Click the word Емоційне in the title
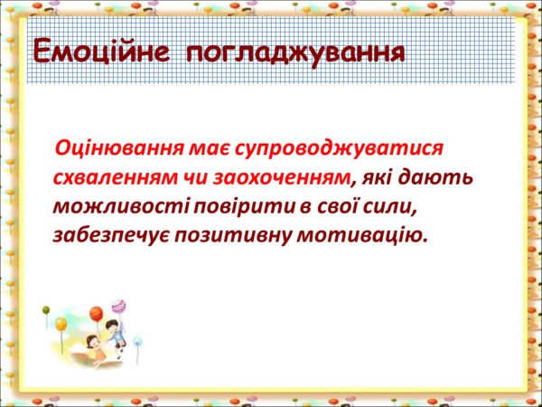point(101,52)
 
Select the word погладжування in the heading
point(295,54)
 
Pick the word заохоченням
point(281,179)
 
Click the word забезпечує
point(110,237)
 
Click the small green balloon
point(46,310)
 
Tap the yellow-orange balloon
point(61,325)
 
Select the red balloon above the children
point(96,314)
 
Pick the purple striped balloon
point(118,307)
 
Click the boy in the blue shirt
point(115,333)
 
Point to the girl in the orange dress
point(96,349)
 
